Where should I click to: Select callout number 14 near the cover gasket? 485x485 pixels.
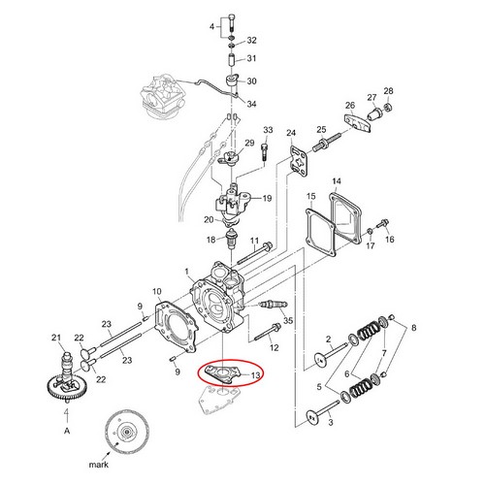click(x=337, y=181)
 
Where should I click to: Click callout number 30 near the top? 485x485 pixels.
click(x=251, y=81)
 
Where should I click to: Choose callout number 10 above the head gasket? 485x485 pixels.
click(x=157, y=292)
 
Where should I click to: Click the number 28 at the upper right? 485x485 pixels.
click(x=389, y=91)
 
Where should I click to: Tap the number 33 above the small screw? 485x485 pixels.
click(x=268, y=131)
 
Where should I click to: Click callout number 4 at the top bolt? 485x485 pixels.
click(x=214, y=26)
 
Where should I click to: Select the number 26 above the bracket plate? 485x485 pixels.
click(x=350, y=106)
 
